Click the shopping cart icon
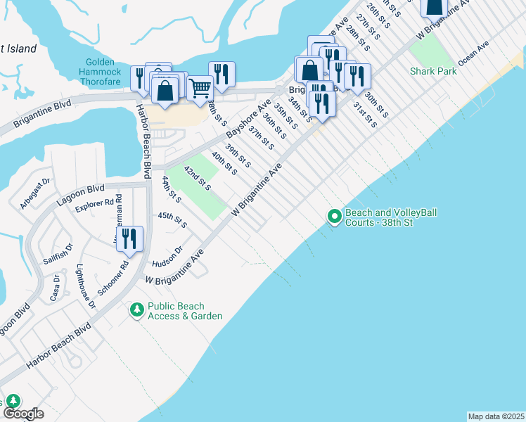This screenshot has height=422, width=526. pyautogui.click(x=200, y=88)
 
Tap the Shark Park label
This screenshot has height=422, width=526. pyautogui.click(x=433, y=71)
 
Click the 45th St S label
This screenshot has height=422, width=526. pyautogui.click(x=172, y=219)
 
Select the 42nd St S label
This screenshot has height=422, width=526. pyautogui.click(x=198, y=179)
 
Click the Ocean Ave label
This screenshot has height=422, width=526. pyautogui.click(x=473, y=53)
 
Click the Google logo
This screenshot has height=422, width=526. pyautogui.click(x=23, y=413)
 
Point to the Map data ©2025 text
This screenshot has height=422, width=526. pyautogui.click(x=496, y=416)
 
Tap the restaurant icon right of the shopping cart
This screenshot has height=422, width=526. pyautogui.click(x=222, y=75)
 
